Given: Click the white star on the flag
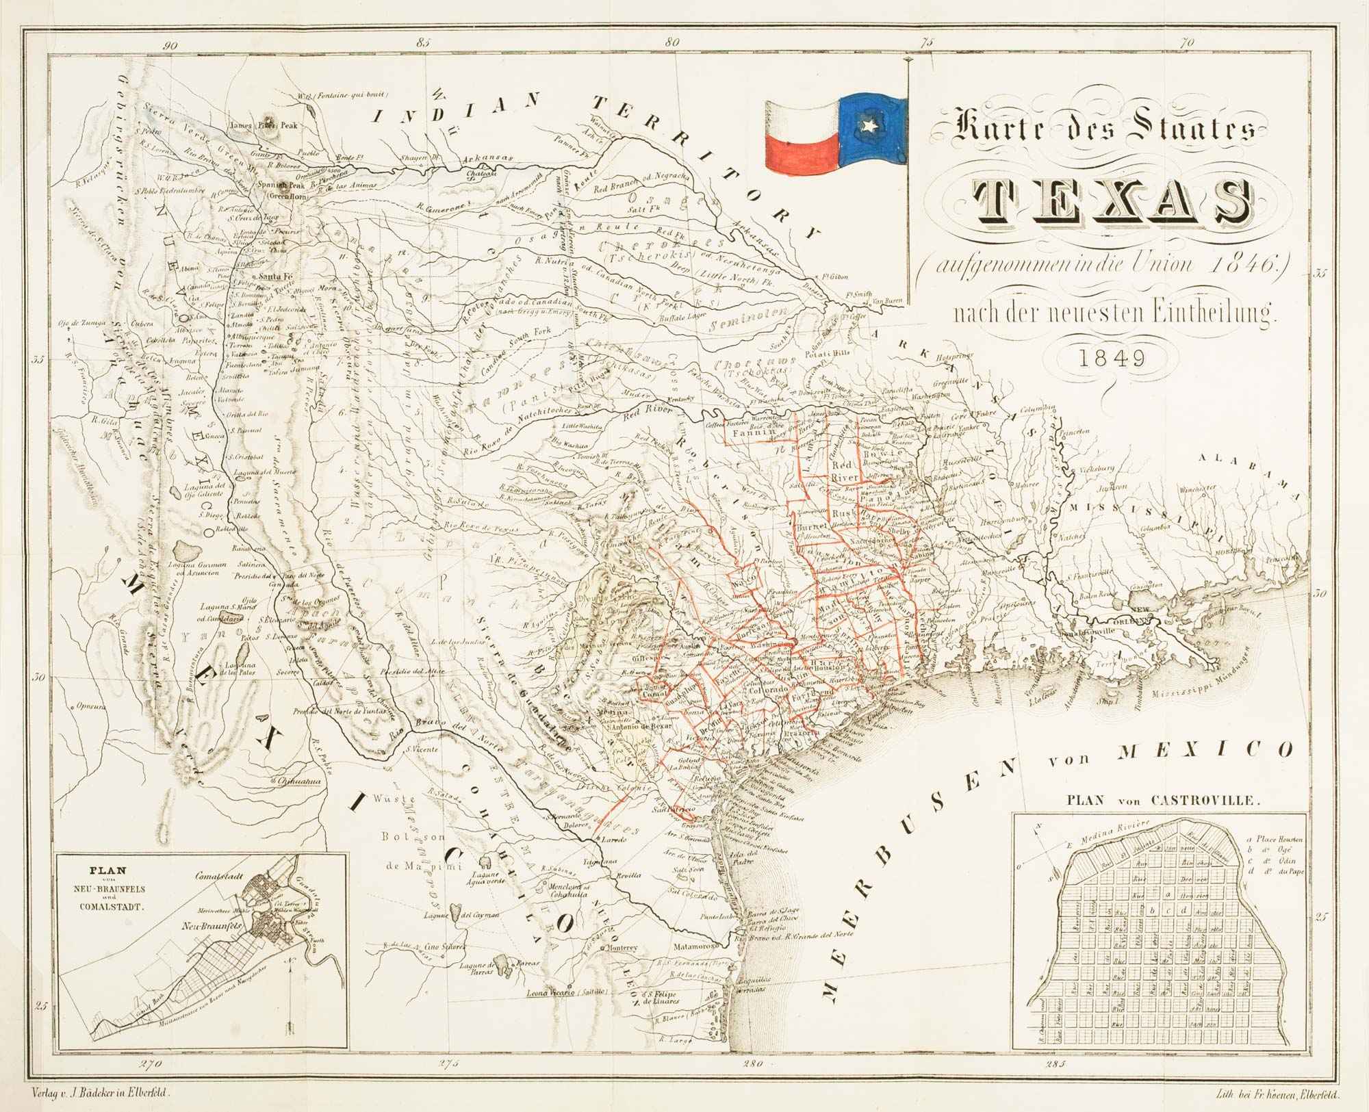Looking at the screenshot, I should pos(871,126).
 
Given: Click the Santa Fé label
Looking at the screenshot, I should pos(273,276).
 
